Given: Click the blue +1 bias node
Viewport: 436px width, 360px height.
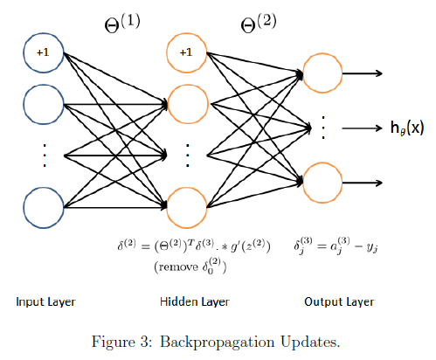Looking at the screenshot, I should coord(43,52).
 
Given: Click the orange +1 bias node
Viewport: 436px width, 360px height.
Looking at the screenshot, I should coord(185,52).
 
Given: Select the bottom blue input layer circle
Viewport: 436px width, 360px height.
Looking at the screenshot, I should coord(43,210).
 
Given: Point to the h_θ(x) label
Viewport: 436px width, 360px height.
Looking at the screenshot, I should coord(406,128).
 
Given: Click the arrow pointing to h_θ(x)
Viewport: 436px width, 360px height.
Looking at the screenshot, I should coord(361,128).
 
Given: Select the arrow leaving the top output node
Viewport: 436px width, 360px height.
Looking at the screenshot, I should coord(364,73).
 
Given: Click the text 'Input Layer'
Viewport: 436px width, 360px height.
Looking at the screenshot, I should coord(45,302).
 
